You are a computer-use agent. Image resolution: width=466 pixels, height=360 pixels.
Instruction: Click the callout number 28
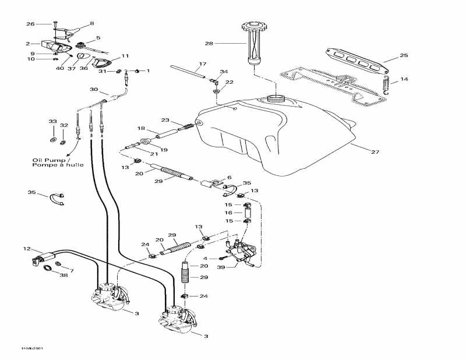[209, 43]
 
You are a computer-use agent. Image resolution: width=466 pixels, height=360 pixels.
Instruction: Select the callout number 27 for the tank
[375, 152]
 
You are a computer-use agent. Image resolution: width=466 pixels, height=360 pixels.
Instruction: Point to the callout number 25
[404, 56]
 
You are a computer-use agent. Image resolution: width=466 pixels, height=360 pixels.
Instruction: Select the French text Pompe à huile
[58, 165]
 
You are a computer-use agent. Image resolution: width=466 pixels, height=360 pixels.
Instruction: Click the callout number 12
[26, 249]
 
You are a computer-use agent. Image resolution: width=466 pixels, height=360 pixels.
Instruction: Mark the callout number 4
[206, 258]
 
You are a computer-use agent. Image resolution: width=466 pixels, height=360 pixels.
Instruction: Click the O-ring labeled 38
[48, 269]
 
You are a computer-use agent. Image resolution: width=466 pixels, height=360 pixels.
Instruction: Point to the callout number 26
[30, 24]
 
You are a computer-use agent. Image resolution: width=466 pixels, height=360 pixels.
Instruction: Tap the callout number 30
[94, 90]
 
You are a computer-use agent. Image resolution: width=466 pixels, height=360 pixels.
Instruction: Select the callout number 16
[229, 213]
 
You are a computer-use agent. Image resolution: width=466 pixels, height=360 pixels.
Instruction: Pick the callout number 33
[53, 121]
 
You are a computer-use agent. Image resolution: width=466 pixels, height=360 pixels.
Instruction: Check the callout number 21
[154, 154]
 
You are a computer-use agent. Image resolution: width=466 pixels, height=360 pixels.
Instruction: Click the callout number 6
[229, 178]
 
